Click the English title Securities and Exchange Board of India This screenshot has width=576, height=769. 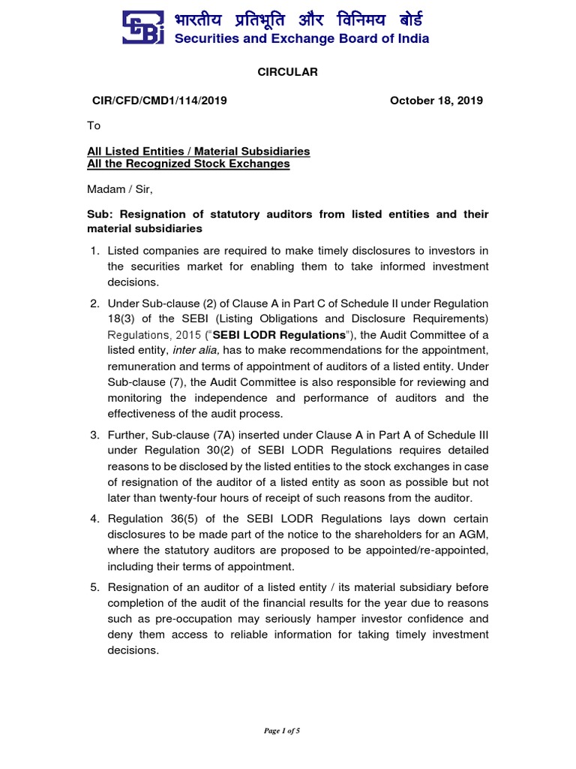pos(301,39)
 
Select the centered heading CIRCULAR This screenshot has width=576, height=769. pos(288,72)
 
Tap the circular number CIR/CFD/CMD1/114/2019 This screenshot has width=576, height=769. pos(157,101)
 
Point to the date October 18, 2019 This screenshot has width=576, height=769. pos(436,101)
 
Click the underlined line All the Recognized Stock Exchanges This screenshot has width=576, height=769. pos(188,164)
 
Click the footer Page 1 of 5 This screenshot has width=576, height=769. pos(287,731)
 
